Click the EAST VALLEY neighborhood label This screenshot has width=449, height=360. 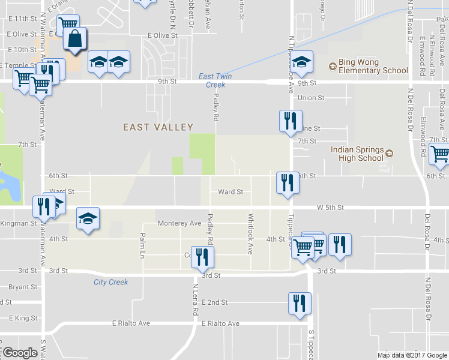pyautogui.click(x=158, y=127)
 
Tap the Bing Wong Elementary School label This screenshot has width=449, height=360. pyautogui.click(x=369, y=66)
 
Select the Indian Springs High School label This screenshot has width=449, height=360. pyautogui.click(x=357, y=154)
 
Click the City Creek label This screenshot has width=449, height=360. pyautogui.click(x=110, y=282)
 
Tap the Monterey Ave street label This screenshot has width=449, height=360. pyautogui.click(x=179, y=223)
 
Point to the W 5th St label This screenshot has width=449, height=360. pyautogui.click(x=330, y=208)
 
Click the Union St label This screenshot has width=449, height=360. pyautogui.click(x=311, y=98)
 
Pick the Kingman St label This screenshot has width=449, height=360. pyautogui.click(x=19, y=223)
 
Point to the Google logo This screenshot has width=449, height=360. pyautogui.click(x=20, y=353)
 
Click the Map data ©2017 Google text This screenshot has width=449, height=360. pyautogui.click(x=411, y=355)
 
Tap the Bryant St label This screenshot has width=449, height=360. pyautogui.click(x=23, y=287)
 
